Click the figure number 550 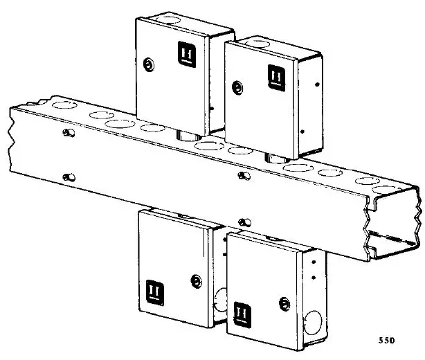[x=388, y=341]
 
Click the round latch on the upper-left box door [x=147, y=65]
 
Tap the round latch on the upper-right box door [x=237, y=88]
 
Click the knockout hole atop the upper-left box [x=165, y=15]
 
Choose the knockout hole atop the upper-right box [x=256, y=44]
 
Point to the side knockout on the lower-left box [x=219, y=301]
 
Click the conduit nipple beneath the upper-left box [x=185, y=134]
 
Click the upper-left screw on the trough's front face [x=67, y=132]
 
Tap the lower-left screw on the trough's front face [x=66, y=177]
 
